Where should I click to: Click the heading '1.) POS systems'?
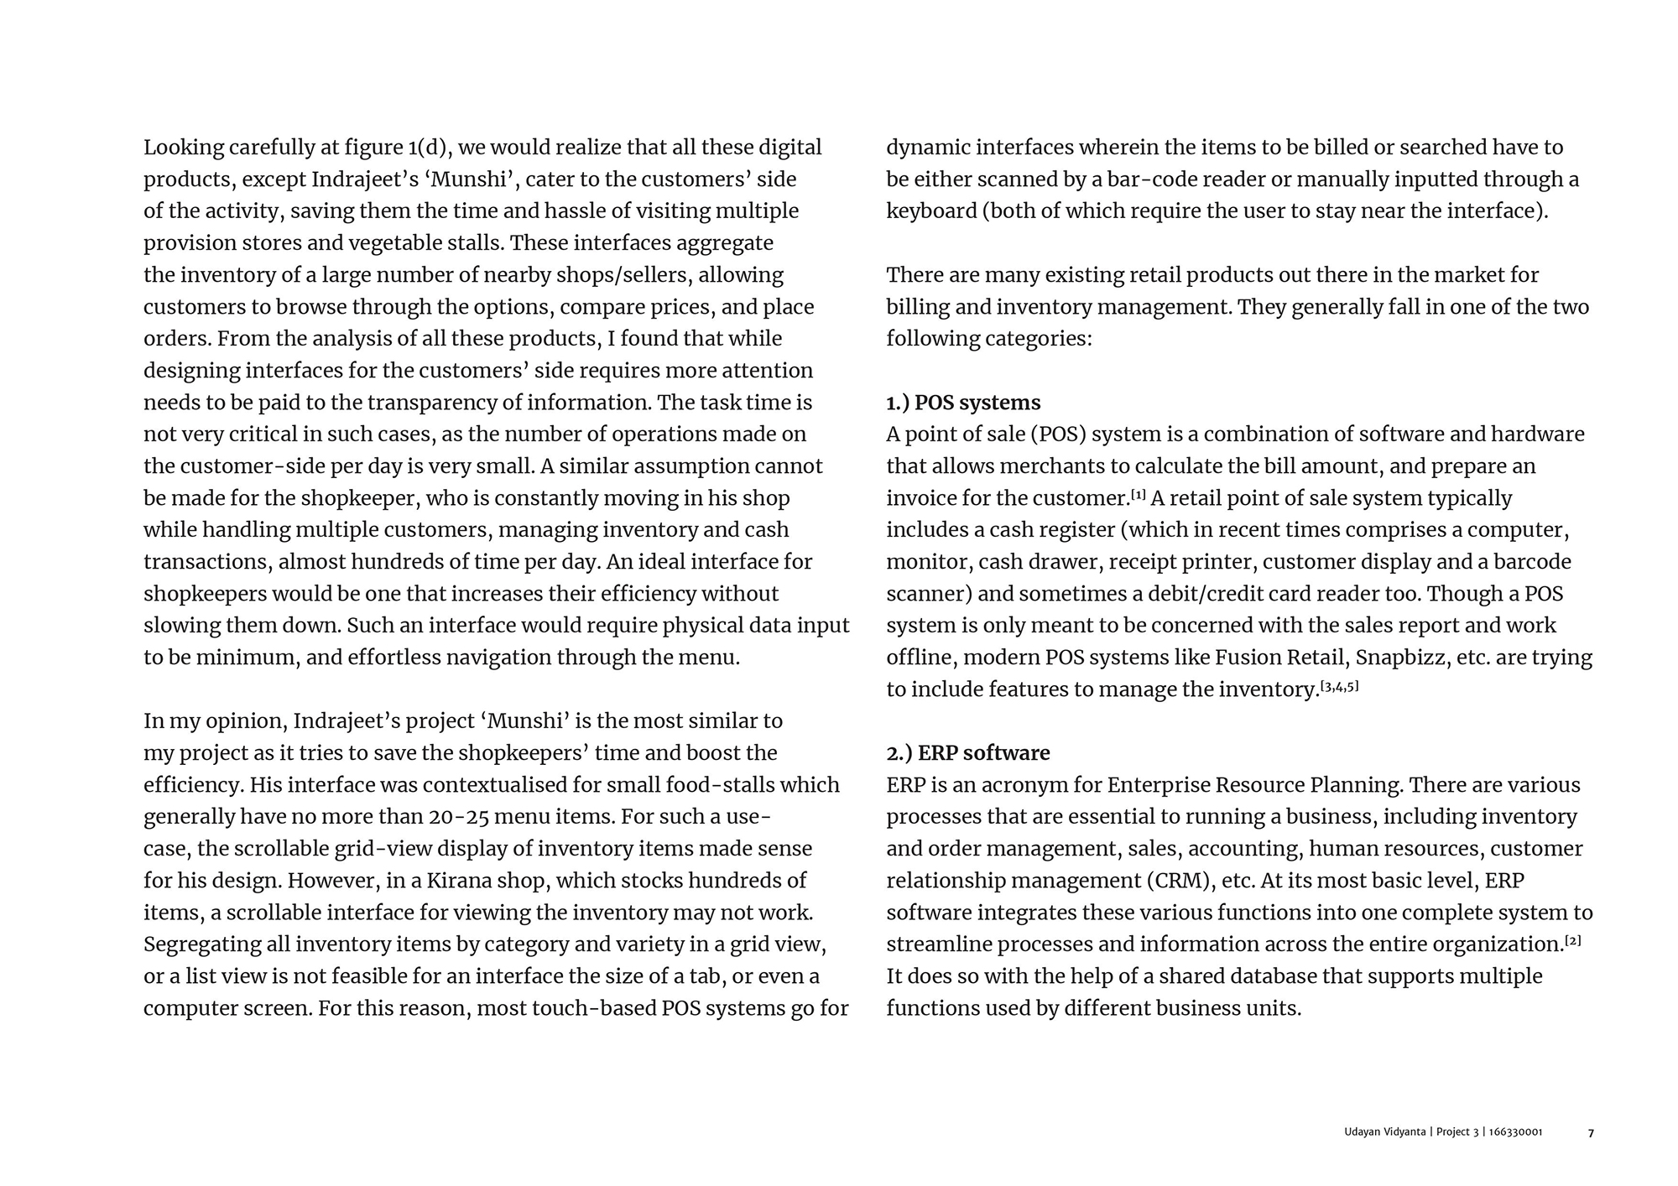click(963, 403)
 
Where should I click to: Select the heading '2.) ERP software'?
click(968, 753)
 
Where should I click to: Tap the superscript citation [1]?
click(1139, 495)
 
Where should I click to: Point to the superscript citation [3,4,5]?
click(1340, 687)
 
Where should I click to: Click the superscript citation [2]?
click(1573, 941)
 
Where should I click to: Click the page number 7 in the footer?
click(1591, 1133)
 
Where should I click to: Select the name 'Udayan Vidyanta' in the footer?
click(1385, 1132)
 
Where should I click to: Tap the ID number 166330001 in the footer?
click(1515, 1132)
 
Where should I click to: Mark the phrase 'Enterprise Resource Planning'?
click(1254, 785)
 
